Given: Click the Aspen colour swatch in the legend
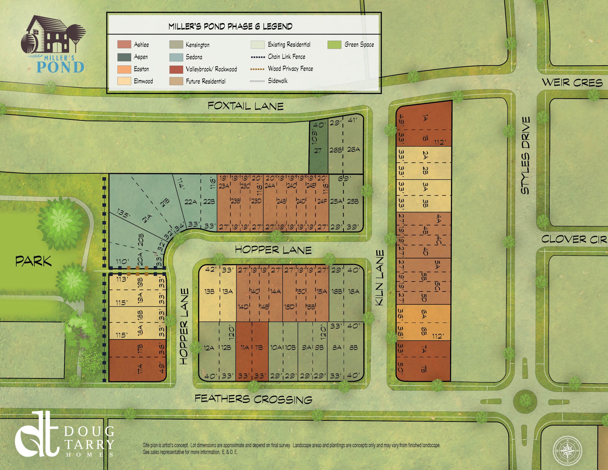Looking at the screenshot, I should pyautogui.click(x=124, y=57).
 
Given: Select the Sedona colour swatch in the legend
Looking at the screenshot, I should pyautogui.click(x=176, y=57).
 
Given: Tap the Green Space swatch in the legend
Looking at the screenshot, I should pyautogui.click(x=334, y=45).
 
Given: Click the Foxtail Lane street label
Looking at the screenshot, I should pyautogui.click(x=246, y=106).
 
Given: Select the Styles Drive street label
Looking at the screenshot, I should pyautogui.click(x=525, y=155).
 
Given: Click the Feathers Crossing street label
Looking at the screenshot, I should pyautogui.click(x=253, y=399).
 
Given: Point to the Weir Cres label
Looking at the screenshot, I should pyautogui.click(x=572, y=83).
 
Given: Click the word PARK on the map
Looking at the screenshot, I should pyautogui.click(x=33, y=261).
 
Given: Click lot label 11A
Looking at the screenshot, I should pyautogui.click(x=245, y=347).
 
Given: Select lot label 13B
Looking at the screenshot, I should pyautogui.click(x=209, y=291).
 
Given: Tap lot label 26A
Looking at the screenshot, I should pyautogui.click(x=354, y=150).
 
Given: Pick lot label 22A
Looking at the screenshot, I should pyautogui.click(x=191, y=201).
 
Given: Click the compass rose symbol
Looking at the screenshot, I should pyautogui.click(x=567, y=451).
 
